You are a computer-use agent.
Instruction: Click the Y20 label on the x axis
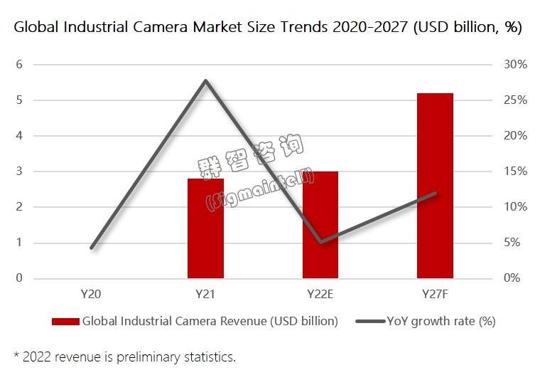click(x=91, y=293)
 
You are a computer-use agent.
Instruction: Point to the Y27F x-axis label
click(x=435, y=293)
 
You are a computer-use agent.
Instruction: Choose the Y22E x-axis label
click(x=320, y=293)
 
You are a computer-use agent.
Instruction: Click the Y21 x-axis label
click(x=205, y=293)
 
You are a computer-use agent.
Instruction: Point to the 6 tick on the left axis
click(x=20, y=65)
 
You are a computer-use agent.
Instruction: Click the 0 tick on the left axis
click(x=20, y=278)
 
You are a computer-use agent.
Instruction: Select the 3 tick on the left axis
click(x=20, y=171)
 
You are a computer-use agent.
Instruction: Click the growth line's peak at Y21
click(x=205, y=80)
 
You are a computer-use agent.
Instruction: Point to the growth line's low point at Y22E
click(x=321, y=242)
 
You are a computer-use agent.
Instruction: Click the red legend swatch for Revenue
click(x=65, y=322)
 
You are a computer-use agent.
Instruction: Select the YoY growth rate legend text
click(x=441, y=321)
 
